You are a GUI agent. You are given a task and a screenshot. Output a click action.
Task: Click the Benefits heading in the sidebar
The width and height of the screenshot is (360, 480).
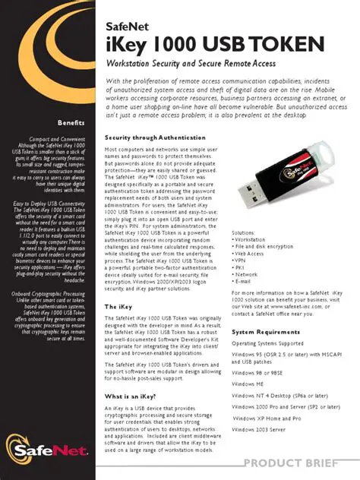point(71,123)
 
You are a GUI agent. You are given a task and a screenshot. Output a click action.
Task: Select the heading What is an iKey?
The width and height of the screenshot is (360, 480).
point(131,397)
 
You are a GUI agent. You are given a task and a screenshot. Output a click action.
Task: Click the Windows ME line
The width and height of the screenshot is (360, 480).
point(252,384)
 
